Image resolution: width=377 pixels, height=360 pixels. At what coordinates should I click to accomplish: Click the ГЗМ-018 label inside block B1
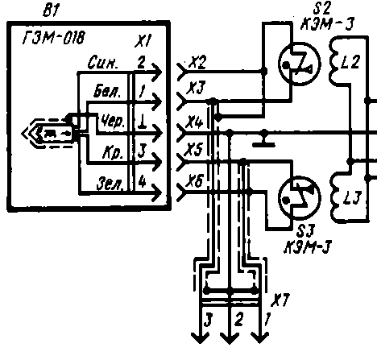[54, 37]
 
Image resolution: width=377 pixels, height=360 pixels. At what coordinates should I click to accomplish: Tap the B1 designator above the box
[51, 10]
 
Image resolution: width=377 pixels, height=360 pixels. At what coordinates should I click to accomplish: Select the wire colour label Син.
[103, 62]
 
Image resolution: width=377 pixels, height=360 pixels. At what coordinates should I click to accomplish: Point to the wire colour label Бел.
[107, 91]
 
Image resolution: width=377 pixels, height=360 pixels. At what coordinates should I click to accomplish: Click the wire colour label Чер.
[113, 122]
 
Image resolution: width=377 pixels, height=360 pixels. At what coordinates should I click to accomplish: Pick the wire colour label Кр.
[113, 153]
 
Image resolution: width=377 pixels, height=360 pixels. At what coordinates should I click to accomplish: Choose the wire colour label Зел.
[110, 184]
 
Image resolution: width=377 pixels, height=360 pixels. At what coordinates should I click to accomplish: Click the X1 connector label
[143, 41]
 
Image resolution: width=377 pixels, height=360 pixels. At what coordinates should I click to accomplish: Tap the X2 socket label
[197, 63]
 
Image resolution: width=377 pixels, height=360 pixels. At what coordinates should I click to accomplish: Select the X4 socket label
[195, 122]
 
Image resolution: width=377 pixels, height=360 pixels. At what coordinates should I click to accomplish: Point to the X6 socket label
[196, 180]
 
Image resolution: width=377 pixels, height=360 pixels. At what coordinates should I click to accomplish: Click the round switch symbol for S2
[300, 64]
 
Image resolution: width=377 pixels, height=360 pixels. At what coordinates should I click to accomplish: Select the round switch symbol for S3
[300, 197]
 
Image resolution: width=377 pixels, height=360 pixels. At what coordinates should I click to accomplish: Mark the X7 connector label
[280, 300]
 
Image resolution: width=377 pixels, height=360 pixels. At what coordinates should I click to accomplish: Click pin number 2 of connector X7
[238, 320]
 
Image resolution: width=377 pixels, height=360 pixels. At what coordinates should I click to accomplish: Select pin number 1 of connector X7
[267, 320]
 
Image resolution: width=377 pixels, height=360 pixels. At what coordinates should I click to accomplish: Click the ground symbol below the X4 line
[264, 141]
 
